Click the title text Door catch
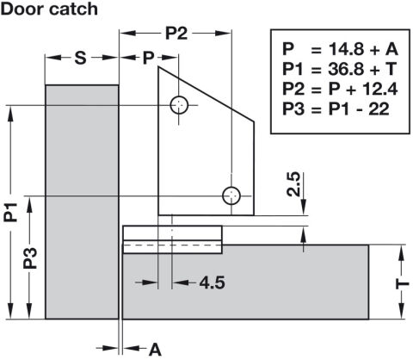coord(49,9)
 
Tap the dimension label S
coord(80,58)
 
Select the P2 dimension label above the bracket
coord(176,34)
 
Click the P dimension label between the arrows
coord(148,58)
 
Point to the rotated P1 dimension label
coord(10,212)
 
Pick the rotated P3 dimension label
coord(30,258)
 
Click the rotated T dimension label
coord(403,284)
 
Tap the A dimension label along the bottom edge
coord(155,350)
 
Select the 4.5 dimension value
coord(213,282)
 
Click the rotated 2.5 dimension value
coord(293,184)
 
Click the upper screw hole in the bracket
coord(179,105)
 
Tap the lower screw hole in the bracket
coord(231,196)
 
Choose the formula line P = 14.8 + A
coord(341,49)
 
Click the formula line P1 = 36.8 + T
coord(340,69)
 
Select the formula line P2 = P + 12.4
coord(340,89)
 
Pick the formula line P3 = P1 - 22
coord(336,109)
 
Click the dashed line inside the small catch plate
coord(172,245)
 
